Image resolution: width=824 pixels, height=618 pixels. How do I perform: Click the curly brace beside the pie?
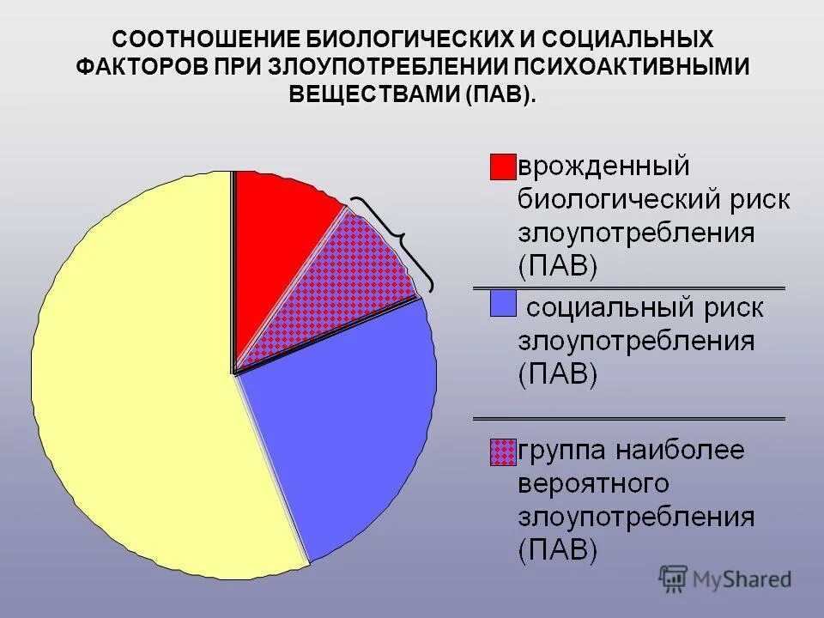tap(399, 240)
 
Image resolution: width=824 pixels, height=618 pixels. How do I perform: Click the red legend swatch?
tap(502, 167)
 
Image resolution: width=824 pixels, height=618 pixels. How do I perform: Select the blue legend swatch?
tap(502, 303)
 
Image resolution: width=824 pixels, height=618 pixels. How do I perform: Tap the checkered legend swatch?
tap(502, 451)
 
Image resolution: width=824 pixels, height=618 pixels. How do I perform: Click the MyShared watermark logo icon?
tap(674, 579)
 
